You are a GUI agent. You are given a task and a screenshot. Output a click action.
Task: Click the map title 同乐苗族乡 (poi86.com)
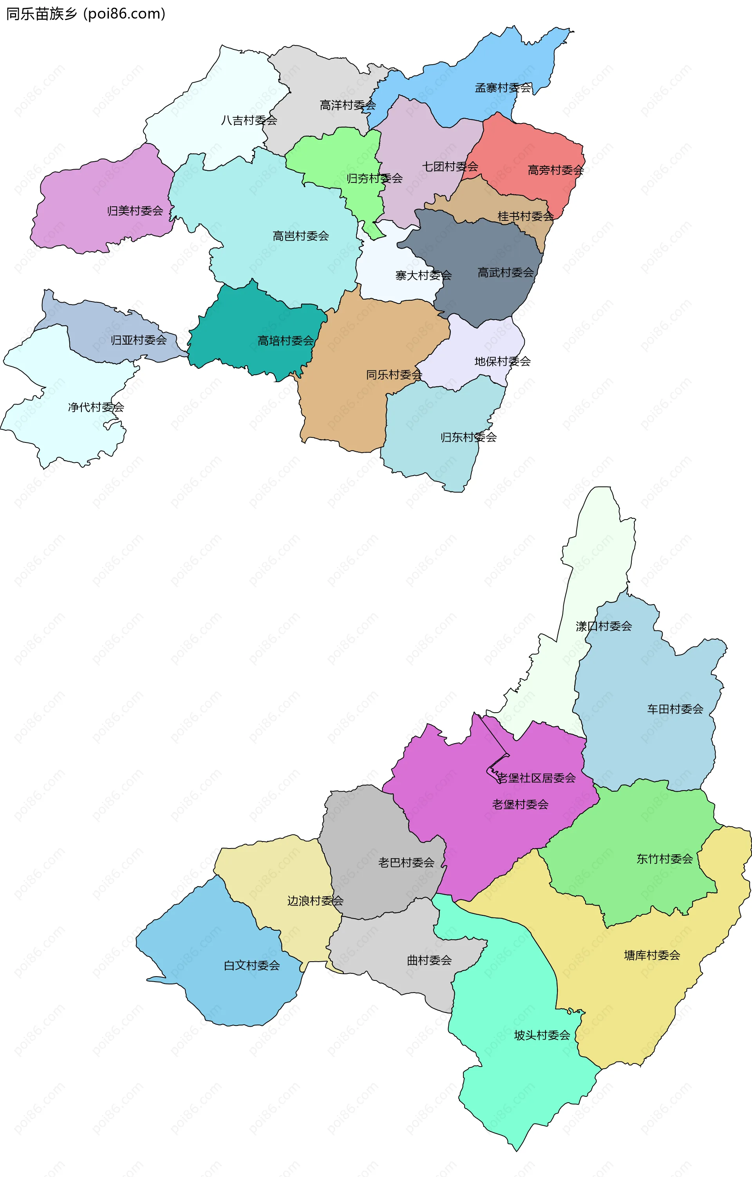(85, 14)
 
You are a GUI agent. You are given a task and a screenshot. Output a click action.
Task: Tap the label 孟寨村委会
(503, 88)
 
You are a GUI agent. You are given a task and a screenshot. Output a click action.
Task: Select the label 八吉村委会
(249, 120)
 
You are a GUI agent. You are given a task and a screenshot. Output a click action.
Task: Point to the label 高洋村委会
(348, 105)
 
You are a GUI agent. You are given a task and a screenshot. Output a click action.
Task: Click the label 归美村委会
(135, 211)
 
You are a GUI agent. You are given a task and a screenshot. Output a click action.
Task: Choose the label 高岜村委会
(301, 236)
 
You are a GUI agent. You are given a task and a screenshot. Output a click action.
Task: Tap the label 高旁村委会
(555, 170)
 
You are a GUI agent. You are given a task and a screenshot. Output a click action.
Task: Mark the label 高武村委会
(506, 273)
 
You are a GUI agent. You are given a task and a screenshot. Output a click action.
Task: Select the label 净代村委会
(96, 407)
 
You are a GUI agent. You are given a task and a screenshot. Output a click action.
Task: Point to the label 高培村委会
(286, 341)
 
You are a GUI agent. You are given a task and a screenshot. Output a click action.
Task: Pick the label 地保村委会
(502, 361)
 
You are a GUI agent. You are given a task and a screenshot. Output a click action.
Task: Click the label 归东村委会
(468, 437)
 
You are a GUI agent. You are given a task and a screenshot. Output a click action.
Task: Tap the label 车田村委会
(675, 709)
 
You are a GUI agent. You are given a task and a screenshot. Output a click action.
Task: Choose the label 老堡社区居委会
(536, 778)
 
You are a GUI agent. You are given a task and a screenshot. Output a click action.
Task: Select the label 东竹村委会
(665, 858)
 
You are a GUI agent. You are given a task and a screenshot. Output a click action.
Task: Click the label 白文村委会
(252, 965)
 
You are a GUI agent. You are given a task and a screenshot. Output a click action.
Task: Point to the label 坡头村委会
(542, 1035)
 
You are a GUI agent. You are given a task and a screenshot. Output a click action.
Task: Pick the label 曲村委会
(429, 960)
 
